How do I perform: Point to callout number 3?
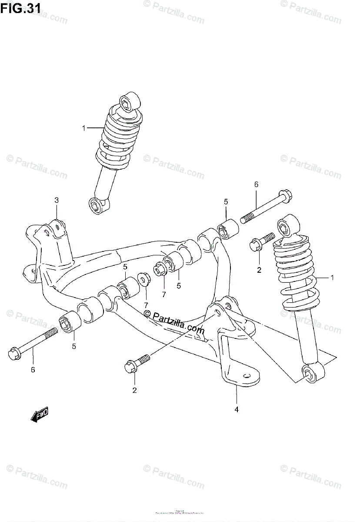coord(57,200)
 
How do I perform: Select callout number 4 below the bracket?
coord(237,409)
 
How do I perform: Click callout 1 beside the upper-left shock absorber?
coord(83,128)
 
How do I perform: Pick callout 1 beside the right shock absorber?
coord(332,278)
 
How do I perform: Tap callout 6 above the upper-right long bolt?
coord(257,184)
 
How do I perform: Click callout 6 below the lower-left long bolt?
coord(33,370)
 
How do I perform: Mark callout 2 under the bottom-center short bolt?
coord(135,390)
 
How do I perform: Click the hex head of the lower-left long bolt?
coord(14,353)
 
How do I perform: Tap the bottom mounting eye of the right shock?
coord(309,374)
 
